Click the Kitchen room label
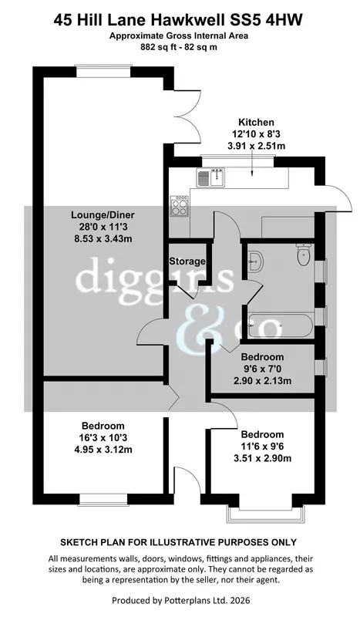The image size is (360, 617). pyautogui.click(x=256, y=122)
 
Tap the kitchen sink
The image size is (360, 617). pyautogui.click(x=211, y=177)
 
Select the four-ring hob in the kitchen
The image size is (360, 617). pyautogui.click(x=179, y=206)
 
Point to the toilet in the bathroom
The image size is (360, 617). pyautogui.click(x=304, y=255)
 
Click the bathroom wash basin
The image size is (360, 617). pyautogui.click(x=256, y=261)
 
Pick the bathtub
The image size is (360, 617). pyautogui.click(x=280, y=325)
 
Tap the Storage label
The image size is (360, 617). pyautogui.click(x=187, y=261)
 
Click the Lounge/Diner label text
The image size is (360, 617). pyautogui.click(x=103, y=215)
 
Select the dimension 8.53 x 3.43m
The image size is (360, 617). pyautogui.click(x=103, y=238)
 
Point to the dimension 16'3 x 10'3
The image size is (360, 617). pyautogui.click(x=103, y=437)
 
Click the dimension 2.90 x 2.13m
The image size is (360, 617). pyautogui.click(x=262, y=381)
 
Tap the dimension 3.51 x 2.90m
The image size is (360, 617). pyautogui.click(x=262, y=458)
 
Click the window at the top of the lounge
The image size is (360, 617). pyautogui.click(x=103, y=71)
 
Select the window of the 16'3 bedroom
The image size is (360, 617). pyautogui.click(x=104, y=499)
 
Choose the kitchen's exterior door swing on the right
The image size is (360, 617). pyautogui.click(x=338, y=198)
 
